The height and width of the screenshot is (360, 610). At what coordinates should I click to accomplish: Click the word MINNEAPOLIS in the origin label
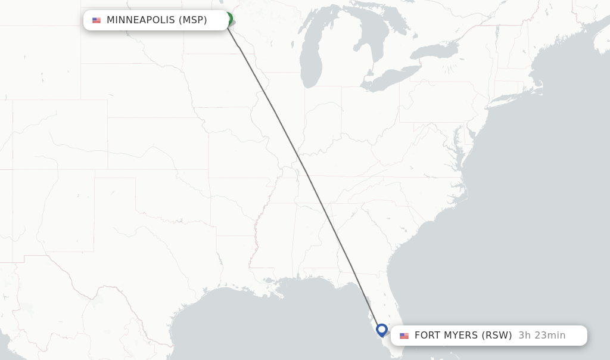(x=141, y=20)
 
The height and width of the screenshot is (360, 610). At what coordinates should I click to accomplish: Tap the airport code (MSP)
(x=192, y=20)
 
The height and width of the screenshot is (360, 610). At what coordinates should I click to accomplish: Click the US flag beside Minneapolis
(x=97, y=20)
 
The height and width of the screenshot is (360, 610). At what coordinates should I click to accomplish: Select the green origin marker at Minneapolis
(x=229, y=18)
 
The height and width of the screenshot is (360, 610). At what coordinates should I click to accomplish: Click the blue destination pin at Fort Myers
(x=382, y=330)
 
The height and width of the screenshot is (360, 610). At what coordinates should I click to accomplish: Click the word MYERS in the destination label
(x=460, y=336)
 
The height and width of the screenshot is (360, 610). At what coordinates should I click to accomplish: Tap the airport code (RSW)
(x=496, y=336)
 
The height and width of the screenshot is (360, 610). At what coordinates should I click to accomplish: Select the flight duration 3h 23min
(x=541, y=336)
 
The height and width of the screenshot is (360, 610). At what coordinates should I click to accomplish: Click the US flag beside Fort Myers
(x=404, y=336)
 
